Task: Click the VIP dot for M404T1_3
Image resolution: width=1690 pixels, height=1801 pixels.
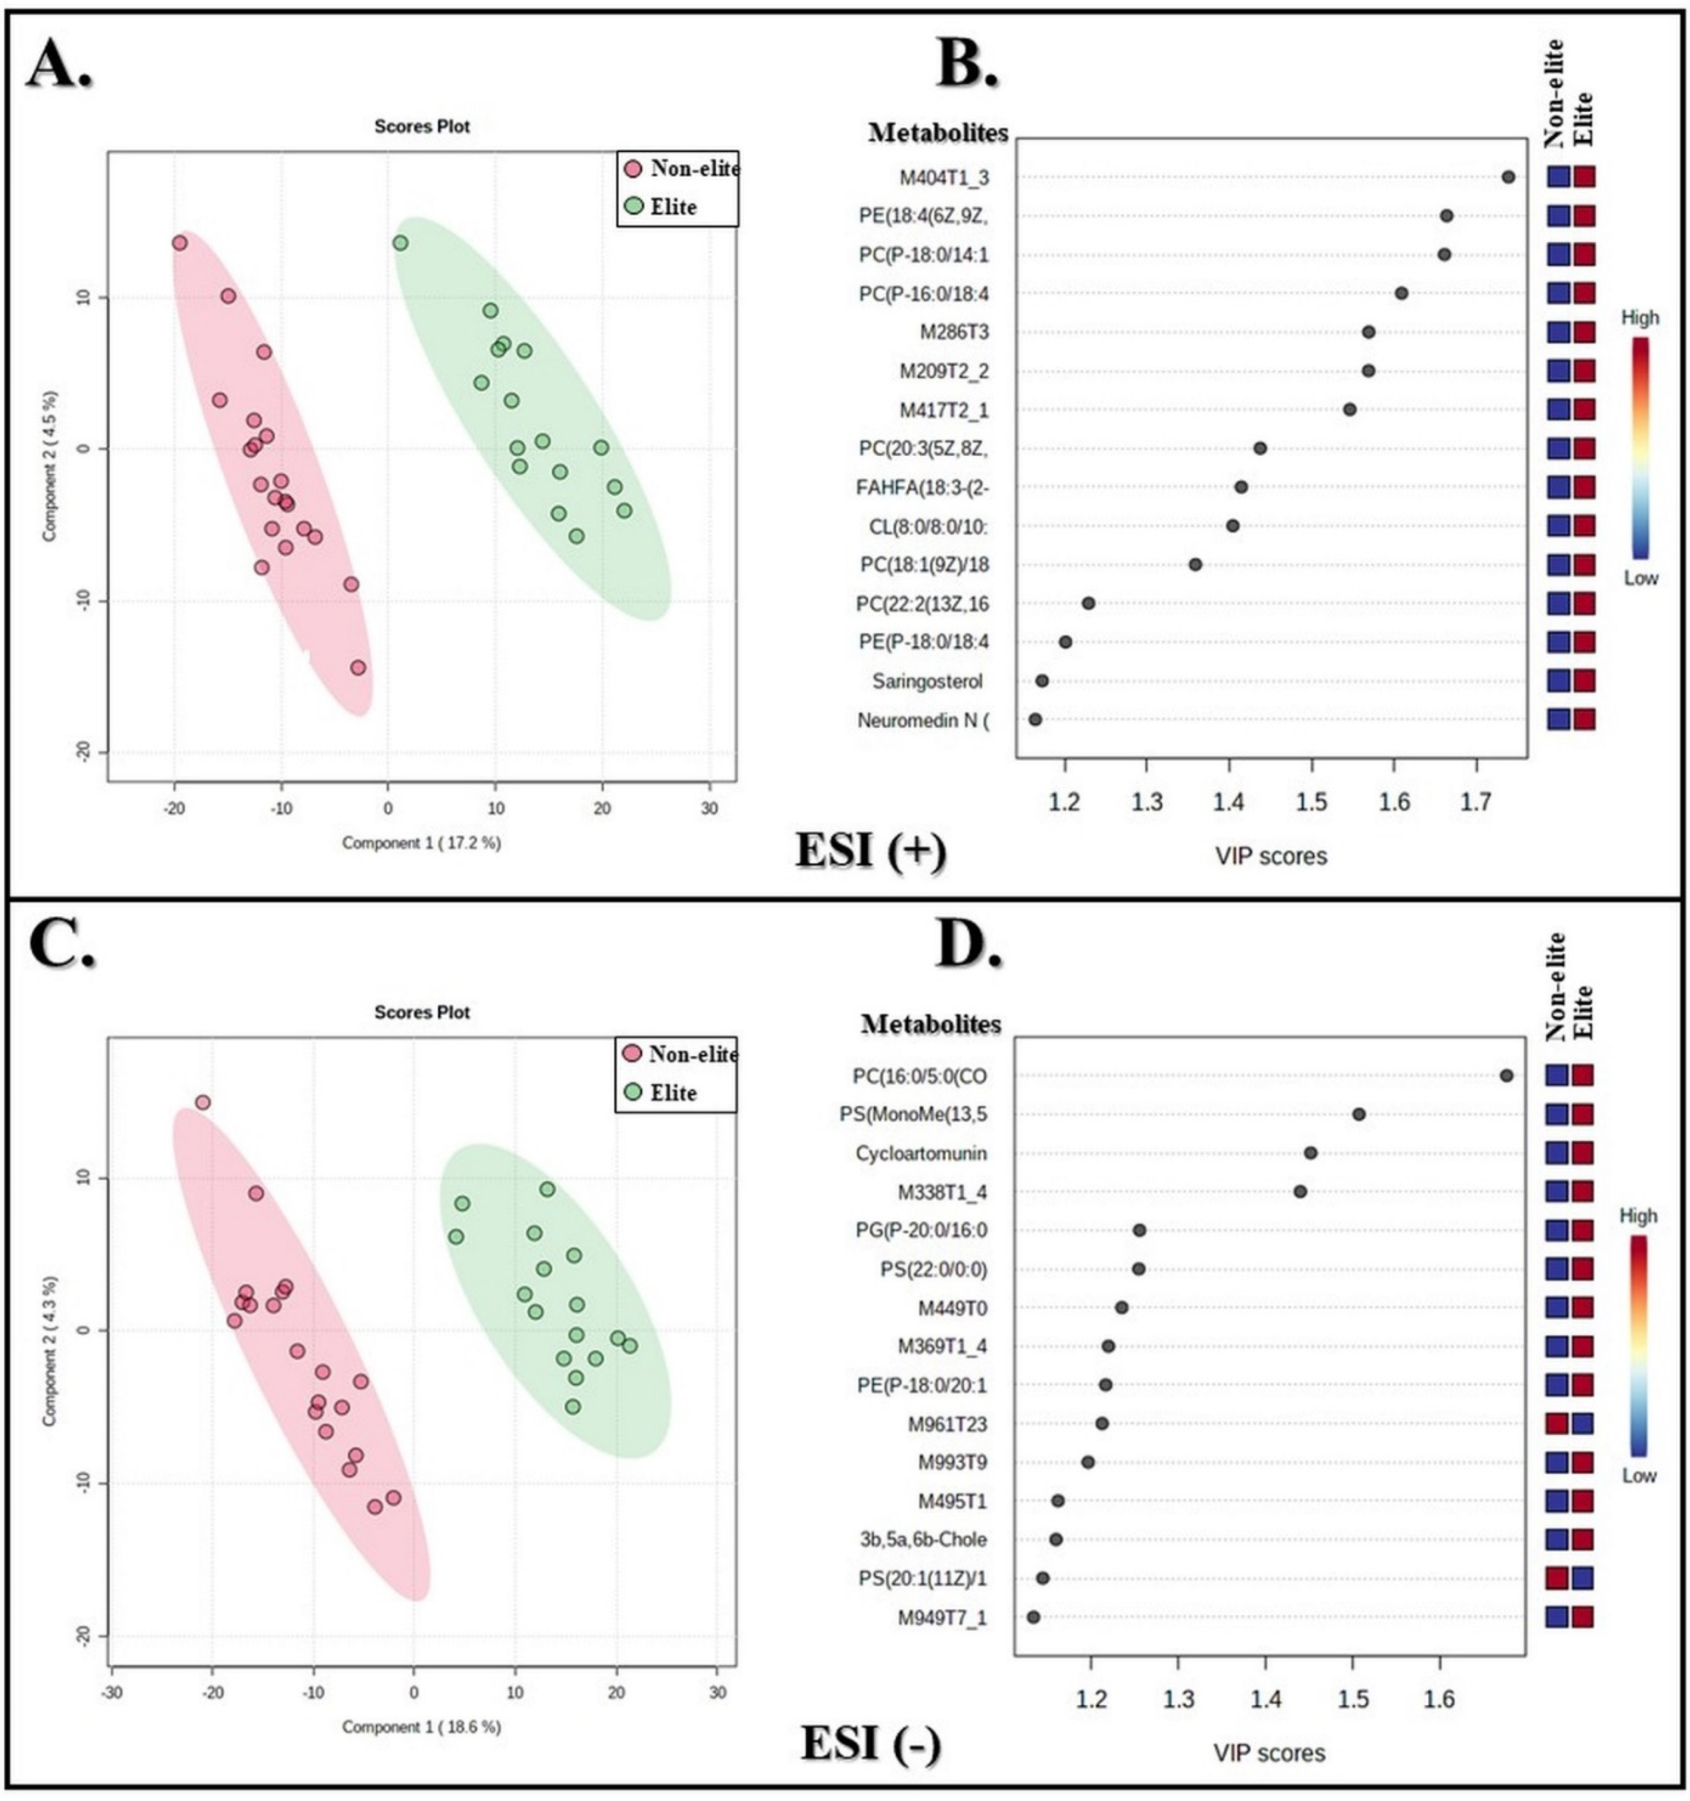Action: [1508, 177]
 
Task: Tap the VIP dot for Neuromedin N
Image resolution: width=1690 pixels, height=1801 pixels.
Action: [1035, 719]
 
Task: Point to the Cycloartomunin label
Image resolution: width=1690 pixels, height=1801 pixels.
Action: [921, 1153]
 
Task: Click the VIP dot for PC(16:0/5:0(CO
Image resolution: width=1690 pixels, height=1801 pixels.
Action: [1506, 1075]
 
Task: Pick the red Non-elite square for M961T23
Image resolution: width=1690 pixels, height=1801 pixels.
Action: [1557, 1423]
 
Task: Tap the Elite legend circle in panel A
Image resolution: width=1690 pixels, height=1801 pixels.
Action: [634, 206]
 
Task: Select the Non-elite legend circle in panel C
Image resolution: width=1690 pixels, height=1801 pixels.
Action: [632, 1054]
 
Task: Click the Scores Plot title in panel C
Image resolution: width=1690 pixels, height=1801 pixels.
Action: [422, 1012]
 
